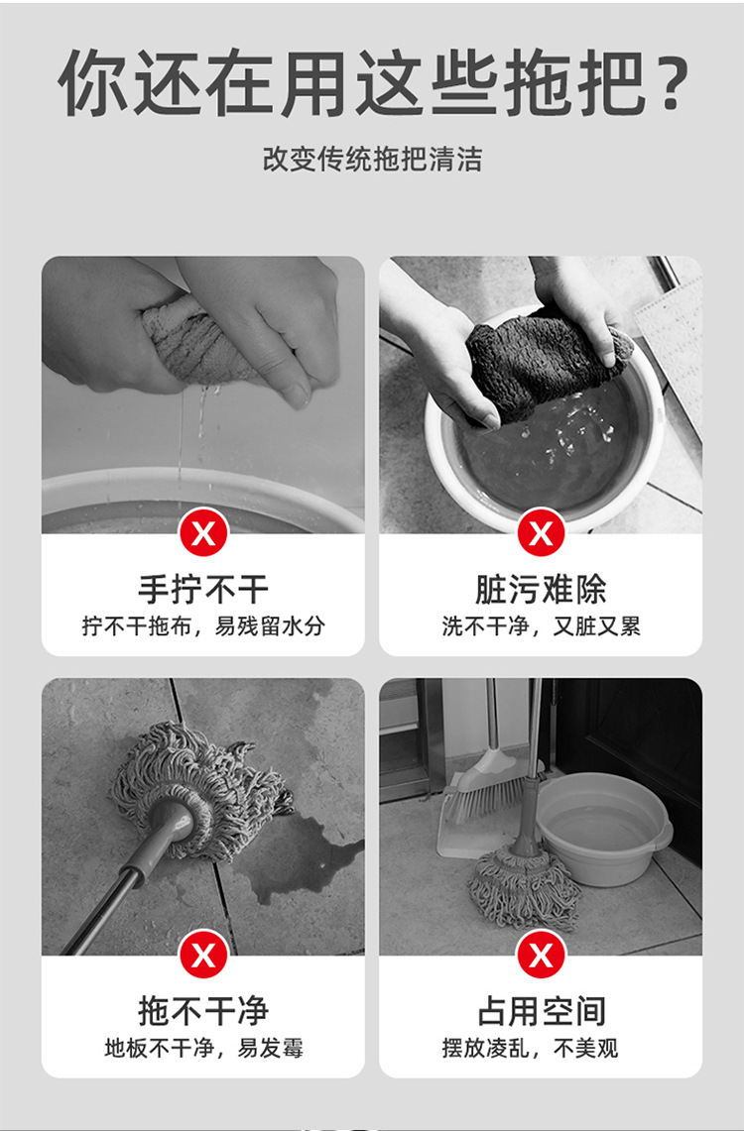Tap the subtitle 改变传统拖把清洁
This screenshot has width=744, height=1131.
pos(372,159)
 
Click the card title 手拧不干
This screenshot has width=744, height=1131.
pos(203,590)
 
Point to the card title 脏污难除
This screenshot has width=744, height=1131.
pos(541,590)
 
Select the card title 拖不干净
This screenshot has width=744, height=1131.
pos(203,1011)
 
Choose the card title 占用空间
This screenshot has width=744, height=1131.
pos(541,1011)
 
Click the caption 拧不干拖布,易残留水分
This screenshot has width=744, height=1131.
pos(203,626)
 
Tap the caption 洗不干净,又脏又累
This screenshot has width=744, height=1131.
pos(541,626)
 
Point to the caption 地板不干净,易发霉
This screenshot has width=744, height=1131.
pos(203,1048)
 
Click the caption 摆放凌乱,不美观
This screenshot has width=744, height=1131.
pos(541,1048)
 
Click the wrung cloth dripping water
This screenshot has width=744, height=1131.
pos(198,342)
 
